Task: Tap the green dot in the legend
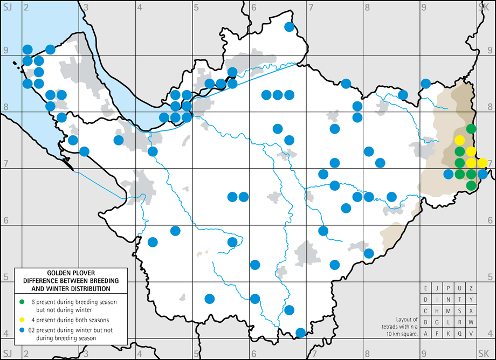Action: [x=22, y=300]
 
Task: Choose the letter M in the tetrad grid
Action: [x=449, y=310]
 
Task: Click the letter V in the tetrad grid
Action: [x=471, y=334]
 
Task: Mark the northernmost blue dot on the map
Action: [x=289, y=27]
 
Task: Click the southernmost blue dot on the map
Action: [x=301, y=332]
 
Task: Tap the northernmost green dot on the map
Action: [x=471, y=128]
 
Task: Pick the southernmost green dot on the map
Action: [x=471, y=185]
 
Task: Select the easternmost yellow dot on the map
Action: [x=483, y=162]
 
